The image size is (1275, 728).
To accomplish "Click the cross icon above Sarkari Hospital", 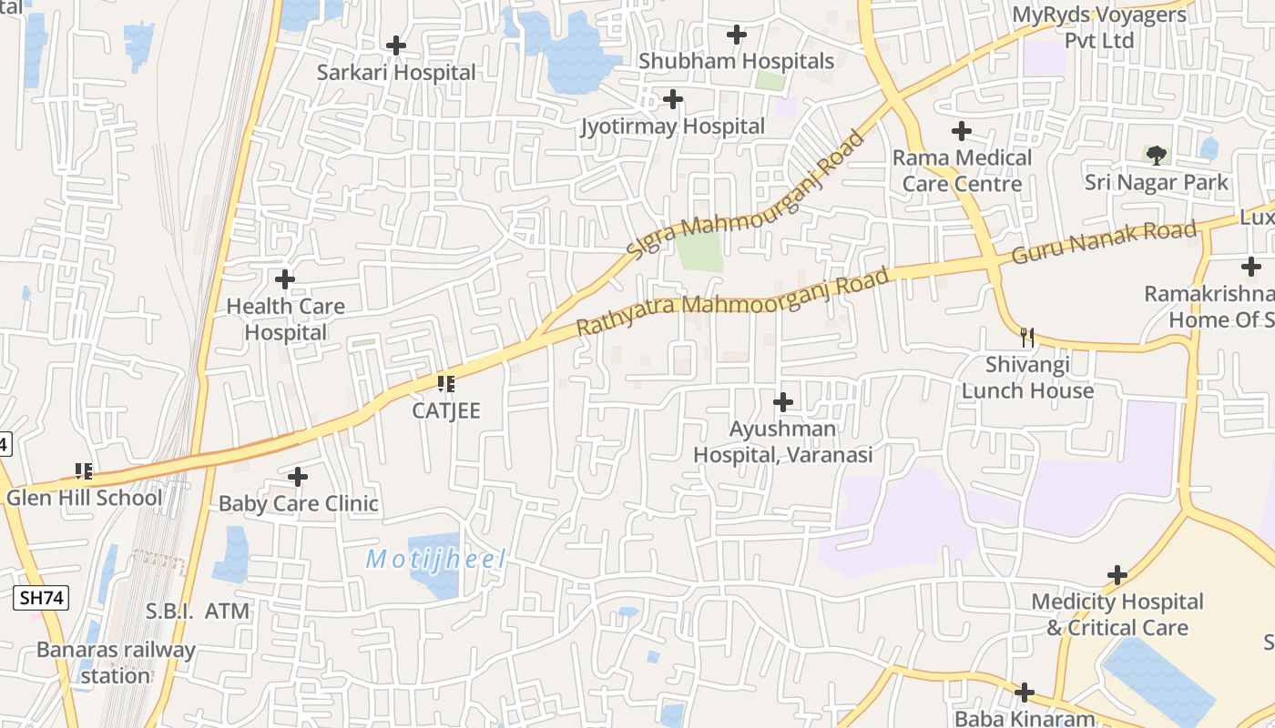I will pyautogui.click(x=396, y=45).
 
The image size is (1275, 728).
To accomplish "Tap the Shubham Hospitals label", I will pyautogui.click(x=736, y=61).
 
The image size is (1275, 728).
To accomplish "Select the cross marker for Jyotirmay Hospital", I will pyautogui.click(x=673, y=98).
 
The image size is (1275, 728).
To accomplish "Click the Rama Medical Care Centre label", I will pyautogui.click(x=962, y=171).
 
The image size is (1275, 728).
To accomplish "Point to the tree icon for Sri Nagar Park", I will pyautogui.click(x=1156, y=155).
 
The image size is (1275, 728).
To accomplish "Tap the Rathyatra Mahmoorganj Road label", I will pyautogui.click(x=732, y=301).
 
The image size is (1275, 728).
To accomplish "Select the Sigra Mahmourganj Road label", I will pyautogui.click(x=745, y=195).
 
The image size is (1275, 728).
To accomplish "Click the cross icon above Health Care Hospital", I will pyautogui.click(x=285, y=279).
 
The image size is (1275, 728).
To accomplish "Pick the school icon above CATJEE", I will pyautogui.click(x=445, y=384).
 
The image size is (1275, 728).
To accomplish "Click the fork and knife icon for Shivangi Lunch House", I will pyautogui.click(x=1027, y=338).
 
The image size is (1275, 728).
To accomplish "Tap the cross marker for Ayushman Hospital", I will pyautogui.click(x=782, y=401).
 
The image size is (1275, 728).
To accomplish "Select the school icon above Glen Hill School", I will pyautogui.click(x=84, y=471).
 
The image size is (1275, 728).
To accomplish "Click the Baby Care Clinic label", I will pyautogui.click(x=298, y=503).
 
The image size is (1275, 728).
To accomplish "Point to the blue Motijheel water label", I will pyautogui.click(x=435, y=559).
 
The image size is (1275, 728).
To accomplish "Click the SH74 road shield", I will pyautogui.click(x=42, y=598).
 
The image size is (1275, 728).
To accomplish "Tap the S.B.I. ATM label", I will pyautogui.click(x=198, y=612).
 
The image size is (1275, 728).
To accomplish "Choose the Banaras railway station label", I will pyautogui.click(x=116, y=662).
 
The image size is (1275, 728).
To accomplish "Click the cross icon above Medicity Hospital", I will pyautogui.click(x=1117, y=575).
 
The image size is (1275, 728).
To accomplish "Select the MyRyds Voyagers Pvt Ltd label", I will pyautogui.click(x=1099, y=28).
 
